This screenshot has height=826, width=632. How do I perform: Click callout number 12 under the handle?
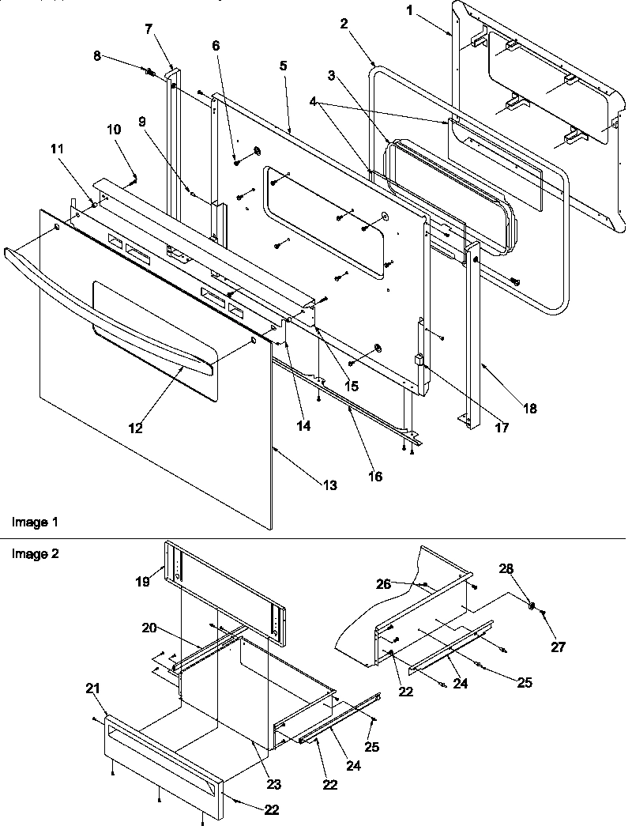[x=136, y=428]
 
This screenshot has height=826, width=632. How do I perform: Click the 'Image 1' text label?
[x=34, y=522]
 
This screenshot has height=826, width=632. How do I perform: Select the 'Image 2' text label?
[x=34, y=553]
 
